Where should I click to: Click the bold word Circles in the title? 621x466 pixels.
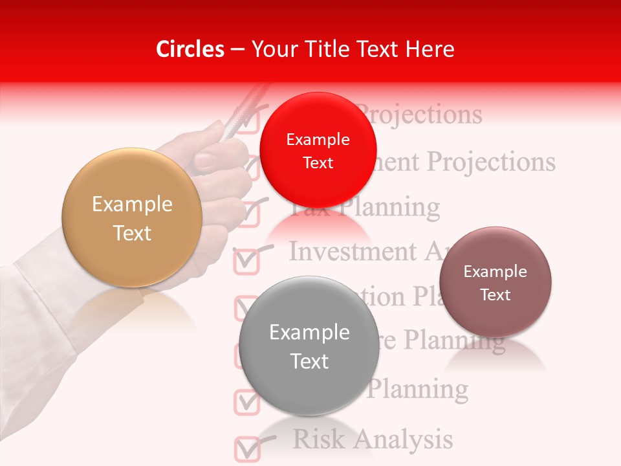tap(190, 49)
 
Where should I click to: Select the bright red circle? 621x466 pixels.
tap(318, 150)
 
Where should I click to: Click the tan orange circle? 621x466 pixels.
tap(132, 218)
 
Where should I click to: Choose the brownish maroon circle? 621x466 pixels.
tap(496, 282)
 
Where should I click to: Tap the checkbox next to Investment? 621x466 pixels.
tap(246, 260)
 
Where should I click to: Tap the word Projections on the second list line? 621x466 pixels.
tap(491, 161)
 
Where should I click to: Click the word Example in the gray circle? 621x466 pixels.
tap(309, 333)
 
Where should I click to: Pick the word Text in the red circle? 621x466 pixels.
tap(318, 163)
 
